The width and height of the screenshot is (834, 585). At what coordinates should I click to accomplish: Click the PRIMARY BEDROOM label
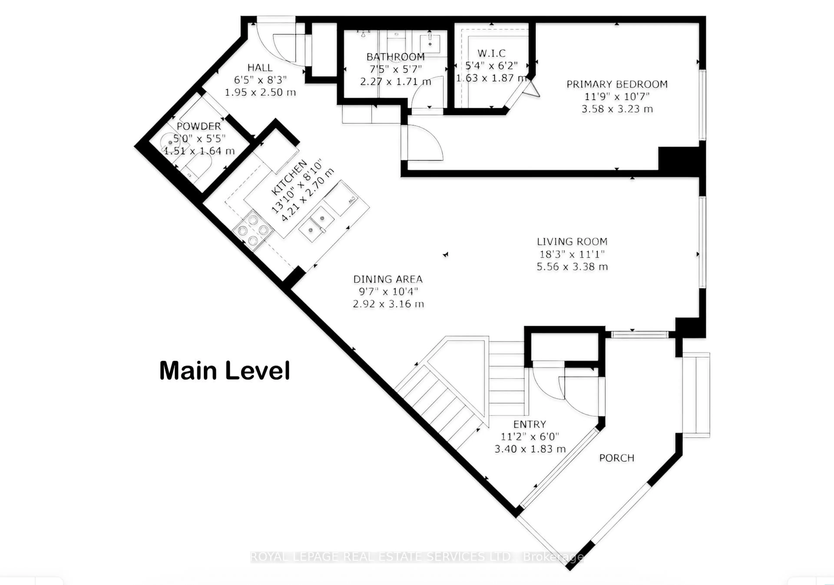click(x=617, y=84)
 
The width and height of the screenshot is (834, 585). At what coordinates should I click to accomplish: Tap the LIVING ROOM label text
click(x=572, y=242)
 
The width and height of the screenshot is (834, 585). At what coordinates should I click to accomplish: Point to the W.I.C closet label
click(x=491, y=53)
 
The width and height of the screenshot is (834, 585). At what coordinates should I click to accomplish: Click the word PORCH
click(x=616, y=458)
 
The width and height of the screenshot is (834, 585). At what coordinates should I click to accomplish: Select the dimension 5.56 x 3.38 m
click(x=572, y=267)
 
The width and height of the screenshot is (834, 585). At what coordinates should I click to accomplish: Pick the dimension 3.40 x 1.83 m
click(x=530, y=449)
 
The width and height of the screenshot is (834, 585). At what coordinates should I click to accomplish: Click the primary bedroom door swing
click(x=423, y=143)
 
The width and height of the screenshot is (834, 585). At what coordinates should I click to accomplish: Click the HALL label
click(x=260, y=68)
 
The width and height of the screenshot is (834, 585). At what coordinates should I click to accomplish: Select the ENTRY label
click(x=530, y=424)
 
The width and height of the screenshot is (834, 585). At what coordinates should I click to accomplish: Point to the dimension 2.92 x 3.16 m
click(x=388, y=304)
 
